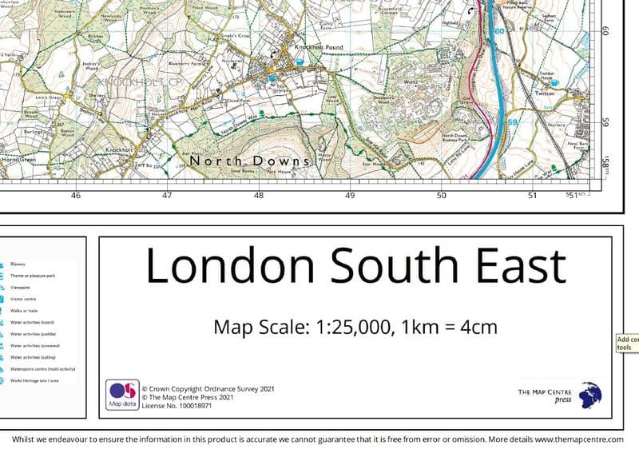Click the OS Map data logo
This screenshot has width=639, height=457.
point(121,395)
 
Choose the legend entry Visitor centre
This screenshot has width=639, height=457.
point(24,298)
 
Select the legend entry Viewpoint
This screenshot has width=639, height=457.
point(22,286)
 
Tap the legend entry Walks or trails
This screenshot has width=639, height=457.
point(24,310)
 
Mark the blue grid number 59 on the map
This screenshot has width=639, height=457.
point(513,121)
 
